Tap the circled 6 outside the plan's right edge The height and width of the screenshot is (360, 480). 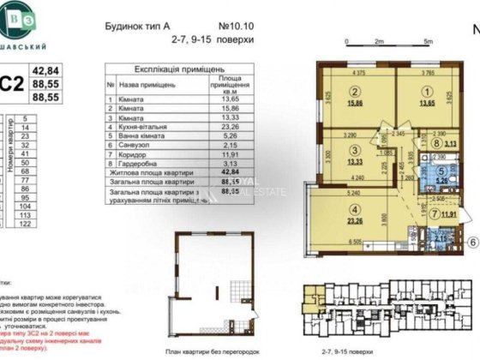click(x=472, y=242)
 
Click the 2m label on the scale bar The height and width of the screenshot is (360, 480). click(x=376, y=40)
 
